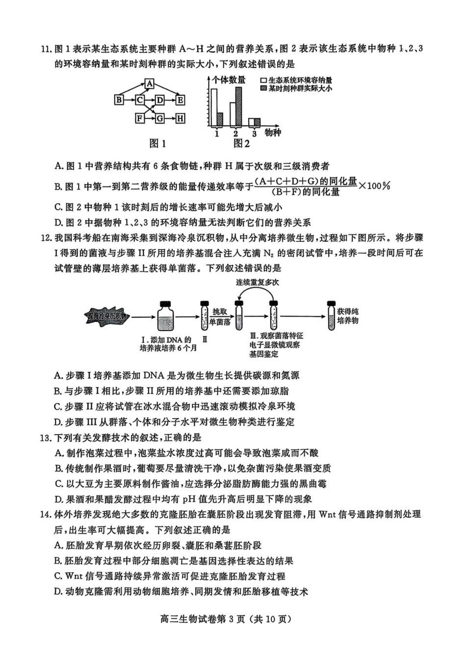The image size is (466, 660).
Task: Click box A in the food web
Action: point(150,84)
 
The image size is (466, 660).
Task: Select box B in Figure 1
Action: point(119,100)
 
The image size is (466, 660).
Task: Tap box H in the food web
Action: point(180,118)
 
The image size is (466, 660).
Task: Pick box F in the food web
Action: point(140,118)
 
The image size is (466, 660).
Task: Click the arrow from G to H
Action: point(170,118)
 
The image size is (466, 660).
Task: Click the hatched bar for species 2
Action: point(238,106)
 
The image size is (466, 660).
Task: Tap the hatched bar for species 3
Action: point(257,122)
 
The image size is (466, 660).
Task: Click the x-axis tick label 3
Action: point(254,134)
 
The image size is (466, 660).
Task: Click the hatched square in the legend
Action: point(264,88)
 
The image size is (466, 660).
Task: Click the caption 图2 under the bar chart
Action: point(241,144)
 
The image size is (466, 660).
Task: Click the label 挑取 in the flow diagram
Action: point(220,312)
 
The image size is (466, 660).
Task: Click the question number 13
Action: point(46,438)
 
